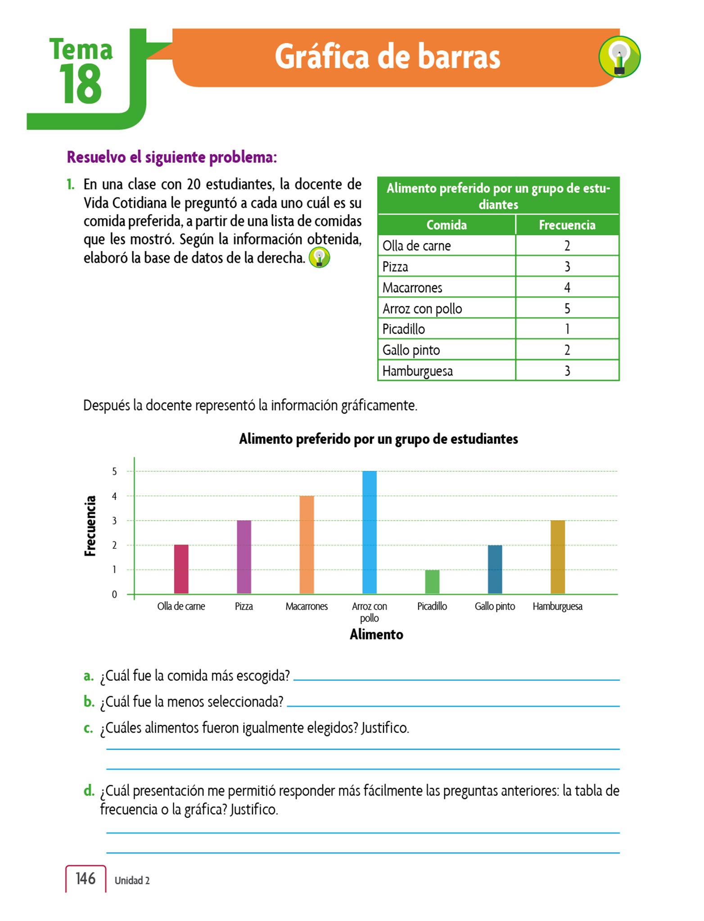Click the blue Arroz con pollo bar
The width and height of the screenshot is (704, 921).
(x=370, y=532)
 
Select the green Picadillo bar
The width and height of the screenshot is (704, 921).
(x=432, y=582)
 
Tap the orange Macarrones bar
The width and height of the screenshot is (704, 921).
(x=307, y=545)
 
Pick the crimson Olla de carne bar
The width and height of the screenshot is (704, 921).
(x=181, y=569)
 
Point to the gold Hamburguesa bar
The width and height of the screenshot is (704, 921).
(x=558, y=557)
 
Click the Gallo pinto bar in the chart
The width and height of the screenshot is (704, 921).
(x=495, y=569)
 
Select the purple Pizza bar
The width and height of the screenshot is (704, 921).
(x=244, y=557)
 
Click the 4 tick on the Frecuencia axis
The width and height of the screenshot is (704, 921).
(x=114, y=496)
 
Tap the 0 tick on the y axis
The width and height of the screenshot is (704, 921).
(x=114, y=595)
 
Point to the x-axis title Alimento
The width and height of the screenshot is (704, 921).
(x=376, y=635)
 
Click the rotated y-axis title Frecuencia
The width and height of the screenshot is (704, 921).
(x=90, y=526)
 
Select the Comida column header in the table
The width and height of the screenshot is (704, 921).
(x=447, y=225)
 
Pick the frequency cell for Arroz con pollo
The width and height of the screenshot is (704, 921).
(x=567, y=308)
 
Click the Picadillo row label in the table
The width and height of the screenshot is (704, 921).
(x=404, y=329)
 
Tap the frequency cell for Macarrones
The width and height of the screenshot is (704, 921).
(x=567, y=287)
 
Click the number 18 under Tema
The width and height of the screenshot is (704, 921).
(x=80, y=84)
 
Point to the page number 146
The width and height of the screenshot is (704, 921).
(x=86, y=878)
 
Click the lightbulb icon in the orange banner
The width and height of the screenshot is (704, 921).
(x=619, y=57)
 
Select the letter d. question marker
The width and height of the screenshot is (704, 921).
(x=89, y=790)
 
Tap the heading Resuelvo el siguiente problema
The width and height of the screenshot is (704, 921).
(x=172, y=157)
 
